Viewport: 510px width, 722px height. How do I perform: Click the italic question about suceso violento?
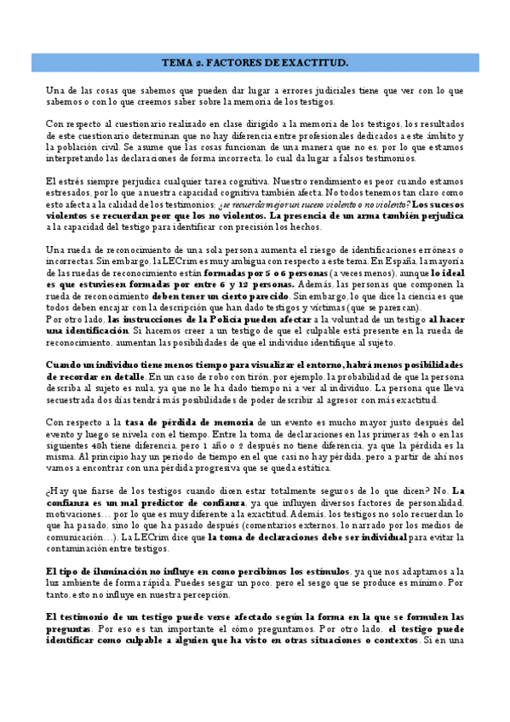311,204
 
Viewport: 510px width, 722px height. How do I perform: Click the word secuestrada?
69,399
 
